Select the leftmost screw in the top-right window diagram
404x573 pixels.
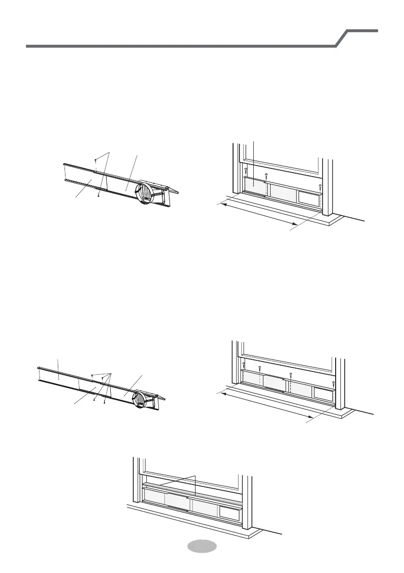[246, 170]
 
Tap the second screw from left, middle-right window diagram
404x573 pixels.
[260, 368]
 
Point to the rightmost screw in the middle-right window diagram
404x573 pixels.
[334, 383]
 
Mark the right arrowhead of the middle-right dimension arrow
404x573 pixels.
[311, 415]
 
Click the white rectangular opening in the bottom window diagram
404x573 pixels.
[230, 514]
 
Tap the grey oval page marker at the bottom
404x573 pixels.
[201, 547]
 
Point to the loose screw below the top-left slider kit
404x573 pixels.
[98, 195]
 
